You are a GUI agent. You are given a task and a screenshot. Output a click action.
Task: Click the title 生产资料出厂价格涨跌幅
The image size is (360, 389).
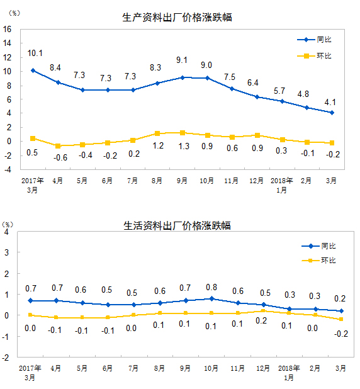tap(177, 17)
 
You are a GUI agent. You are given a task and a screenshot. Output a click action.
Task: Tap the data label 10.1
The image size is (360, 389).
tap(35, 53)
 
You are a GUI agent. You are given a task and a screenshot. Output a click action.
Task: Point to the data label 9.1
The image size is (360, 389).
tap(182, 60)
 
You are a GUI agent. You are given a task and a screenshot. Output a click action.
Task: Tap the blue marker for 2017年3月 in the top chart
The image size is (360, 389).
tap(32, 70)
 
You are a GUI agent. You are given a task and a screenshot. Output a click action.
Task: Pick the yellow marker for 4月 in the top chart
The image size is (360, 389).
tap(58, 145)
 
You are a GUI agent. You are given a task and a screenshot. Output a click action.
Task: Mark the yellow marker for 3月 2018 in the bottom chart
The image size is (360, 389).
tap(341, 319)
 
